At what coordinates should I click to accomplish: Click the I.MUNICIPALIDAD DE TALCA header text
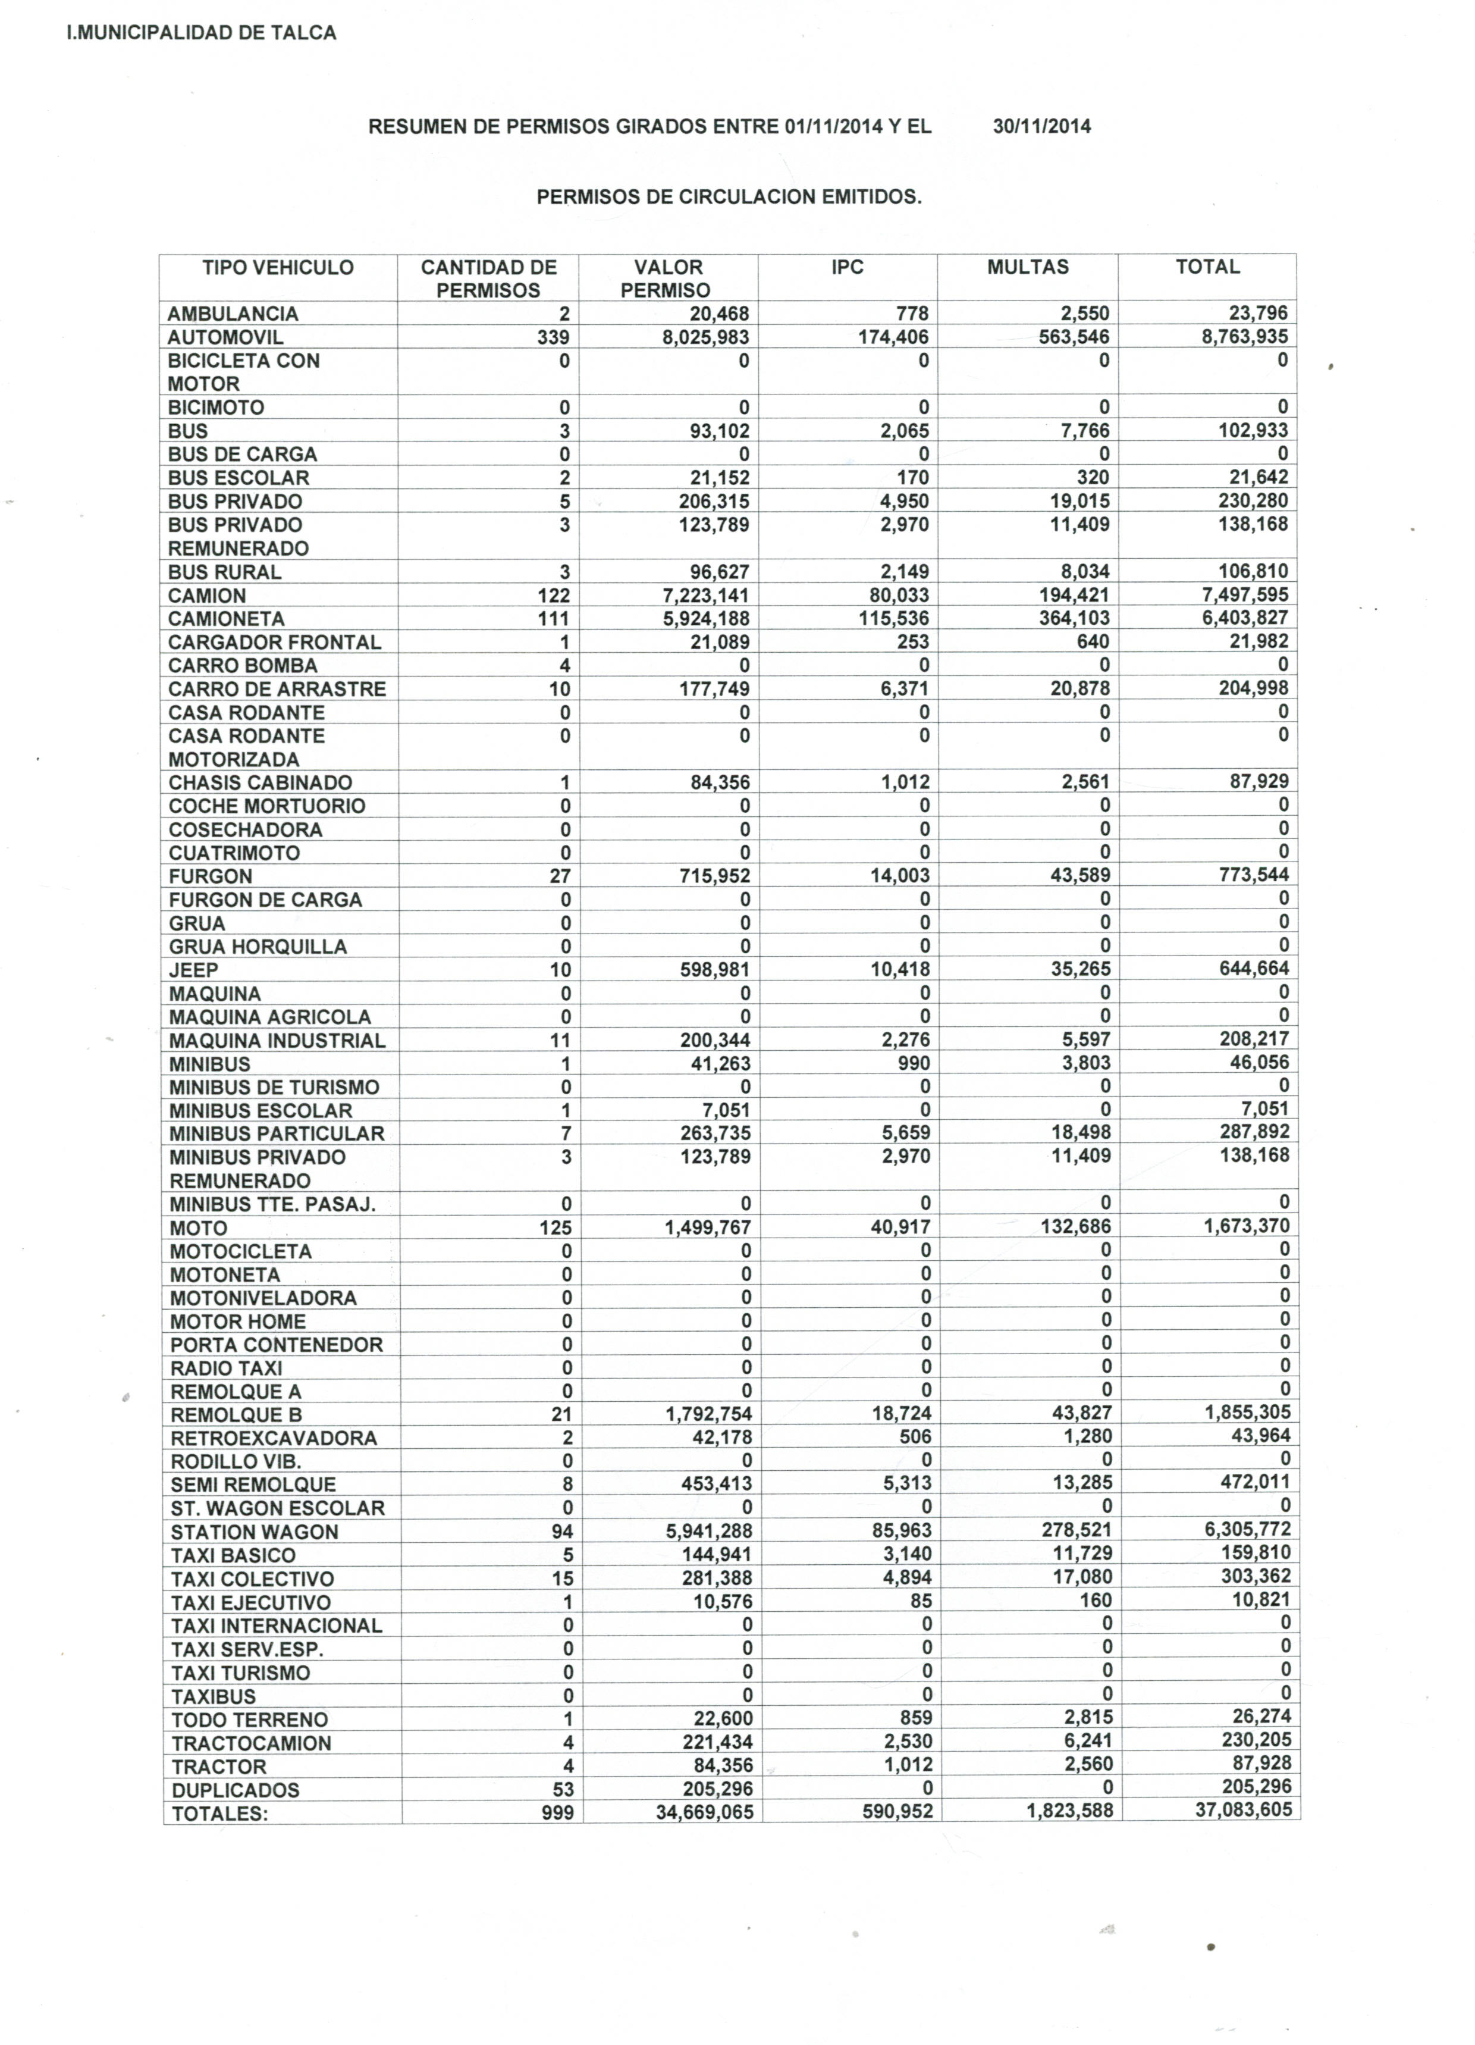[x=202, y=33]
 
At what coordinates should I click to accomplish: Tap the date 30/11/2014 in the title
[x=1041, y=126]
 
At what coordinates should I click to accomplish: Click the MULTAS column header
[x=1027, y=267]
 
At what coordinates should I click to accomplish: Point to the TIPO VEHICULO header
[x=278, y=268]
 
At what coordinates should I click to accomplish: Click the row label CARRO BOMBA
[x=243, y=665]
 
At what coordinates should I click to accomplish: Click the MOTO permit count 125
[x=556, y=1227]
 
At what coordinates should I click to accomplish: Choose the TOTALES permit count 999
[x=557, y=1812]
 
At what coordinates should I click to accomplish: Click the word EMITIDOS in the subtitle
[x=870, y=196]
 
